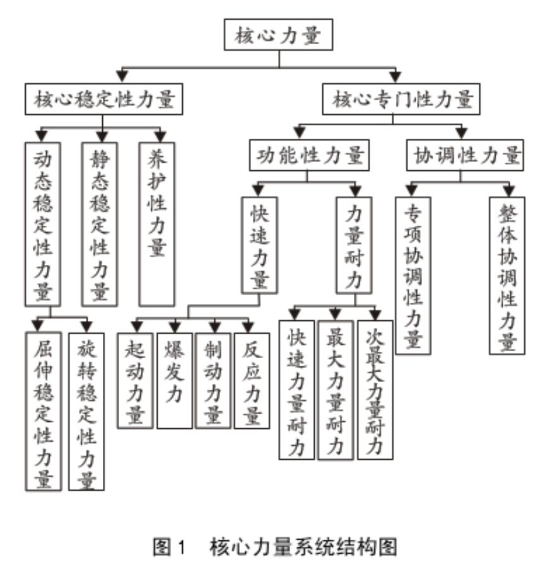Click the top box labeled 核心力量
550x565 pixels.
279,35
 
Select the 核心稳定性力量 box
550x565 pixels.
104,100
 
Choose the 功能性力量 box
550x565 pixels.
309,156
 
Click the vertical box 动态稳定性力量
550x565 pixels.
43,224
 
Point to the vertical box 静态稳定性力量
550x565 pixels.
100,224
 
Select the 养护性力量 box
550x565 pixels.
156,224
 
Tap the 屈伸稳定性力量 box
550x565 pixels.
43,411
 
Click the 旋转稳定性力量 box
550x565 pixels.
86,411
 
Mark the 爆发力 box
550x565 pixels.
174,380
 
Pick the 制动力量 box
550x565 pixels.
213,380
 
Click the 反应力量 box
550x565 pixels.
252,380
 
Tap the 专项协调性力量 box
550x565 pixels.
413,275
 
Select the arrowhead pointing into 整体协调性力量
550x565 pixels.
508,189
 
